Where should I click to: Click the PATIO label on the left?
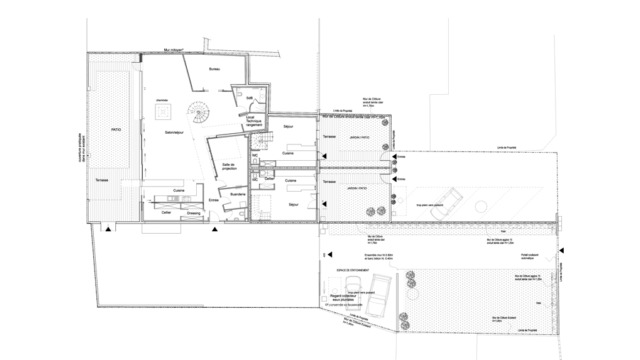point(115,130)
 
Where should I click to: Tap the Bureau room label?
point(214,68)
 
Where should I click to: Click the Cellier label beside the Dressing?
point(166,211)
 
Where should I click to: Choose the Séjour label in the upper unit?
point(289,128)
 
